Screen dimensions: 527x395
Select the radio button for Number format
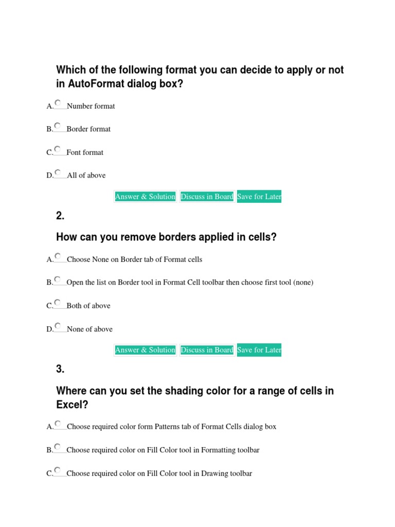click(58, 103)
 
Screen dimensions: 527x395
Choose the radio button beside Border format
click(58, 126)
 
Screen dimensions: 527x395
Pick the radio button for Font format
click(58, 149)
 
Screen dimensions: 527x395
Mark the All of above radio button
click(58, 172)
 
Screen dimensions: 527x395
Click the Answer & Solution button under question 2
click(146, 350)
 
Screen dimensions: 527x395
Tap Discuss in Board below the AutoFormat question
click(207, 197)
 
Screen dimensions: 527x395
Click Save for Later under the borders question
click(259, 350)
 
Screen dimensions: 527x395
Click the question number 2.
click(60, 216)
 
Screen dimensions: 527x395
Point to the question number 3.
click(60, 369)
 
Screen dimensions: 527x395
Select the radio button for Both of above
click(58, 303)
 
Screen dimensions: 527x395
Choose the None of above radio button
click(58, 326)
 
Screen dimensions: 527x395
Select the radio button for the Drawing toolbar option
click(58, 470)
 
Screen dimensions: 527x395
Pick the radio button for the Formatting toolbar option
click(58, 447)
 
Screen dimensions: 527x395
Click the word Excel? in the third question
click(72, 405)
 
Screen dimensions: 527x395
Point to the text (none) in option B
click(303, 282)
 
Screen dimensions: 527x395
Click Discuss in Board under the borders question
click(207, 350)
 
